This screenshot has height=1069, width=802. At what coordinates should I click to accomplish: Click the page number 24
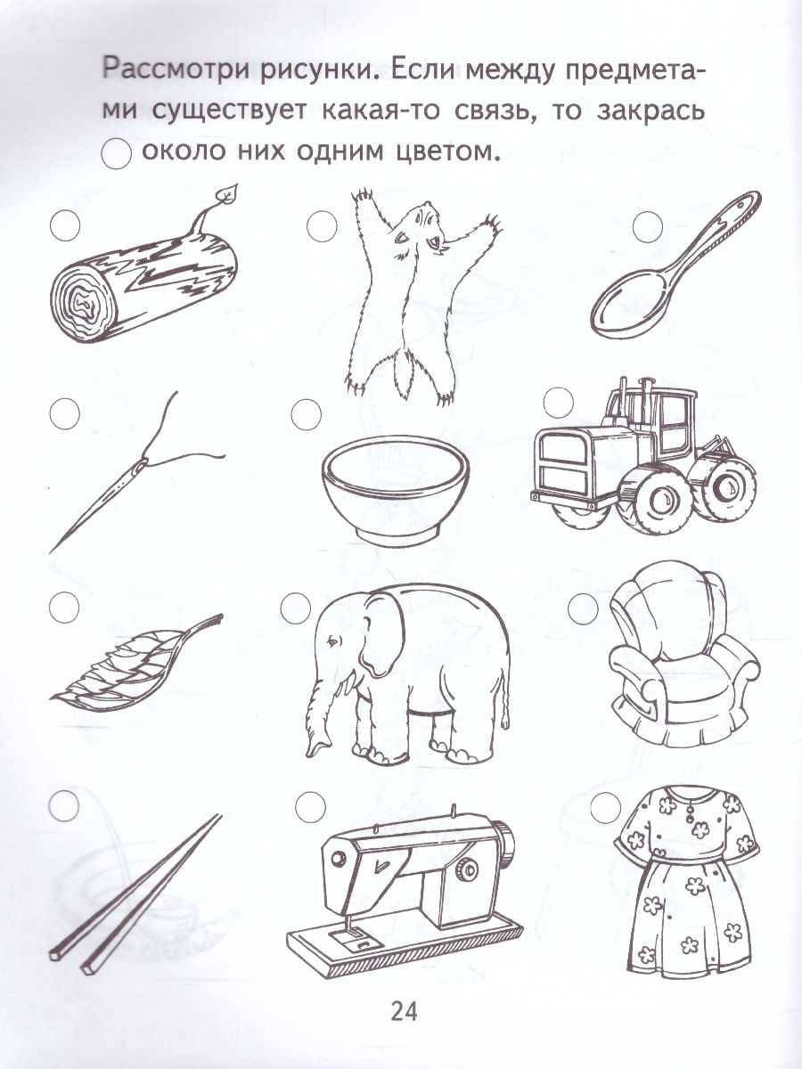403,1011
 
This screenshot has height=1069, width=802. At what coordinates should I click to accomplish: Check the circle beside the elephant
293,608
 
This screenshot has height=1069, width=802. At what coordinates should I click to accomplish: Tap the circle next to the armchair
583,608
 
